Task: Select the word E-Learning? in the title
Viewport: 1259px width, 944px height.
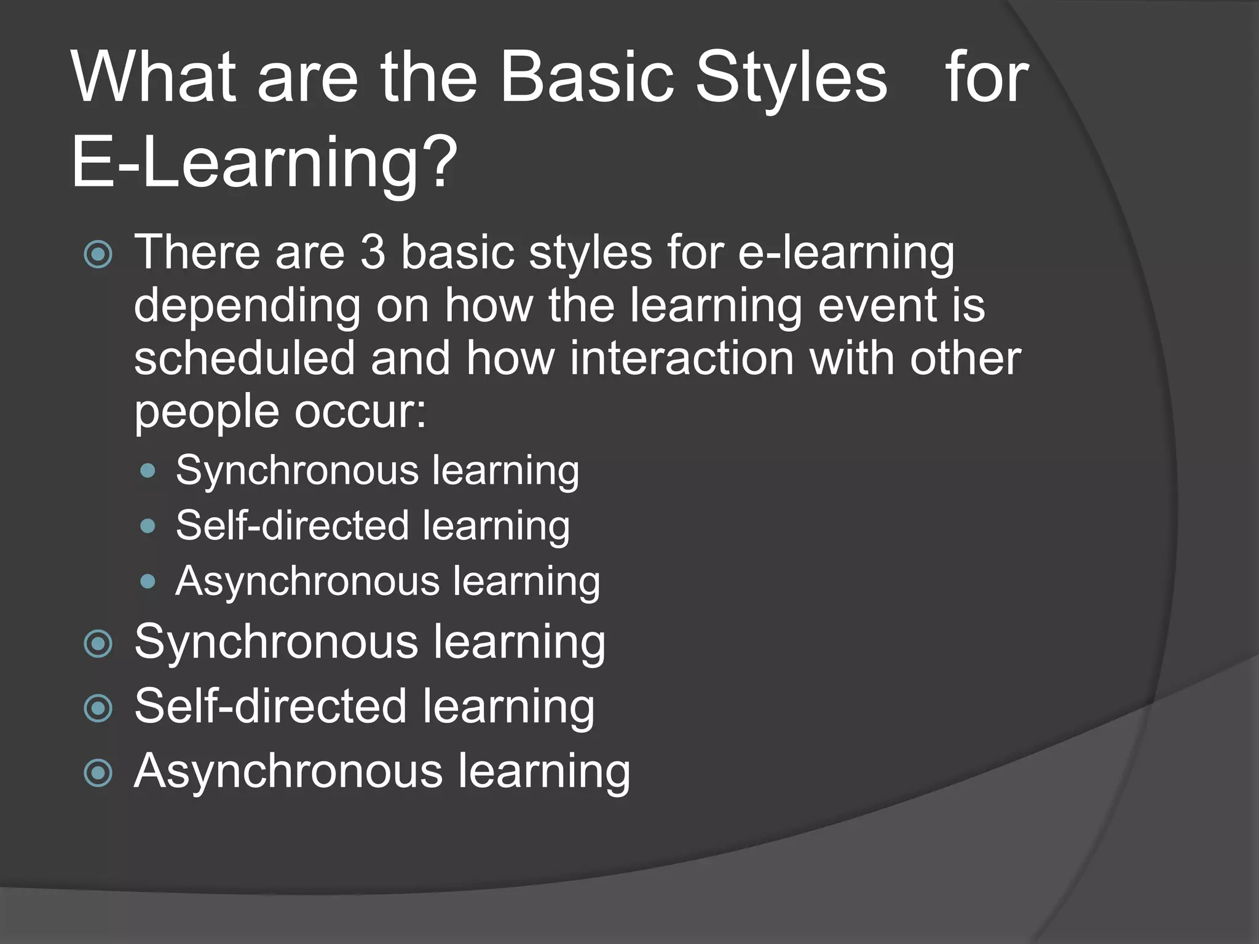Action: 264,163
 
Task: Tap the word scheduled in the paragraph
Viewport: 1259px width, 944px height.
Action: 245,358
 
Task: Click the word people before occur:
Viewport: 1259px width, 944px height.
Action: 207,413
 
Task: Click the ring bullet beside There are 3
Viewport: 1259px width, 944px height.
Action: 98,254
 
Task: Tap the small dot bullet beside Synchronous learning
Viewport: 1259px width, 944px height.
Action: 148,471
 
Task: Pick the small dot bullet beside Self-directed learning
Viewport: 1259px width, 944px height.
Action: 148,526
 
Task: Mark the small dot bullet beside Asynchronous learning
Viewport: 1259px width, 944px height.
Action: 148,581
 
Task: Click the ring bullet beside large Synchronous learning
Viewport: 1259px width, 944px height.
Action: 98,643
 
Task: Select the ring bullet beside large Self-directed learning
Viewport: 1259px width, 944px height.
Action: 98,708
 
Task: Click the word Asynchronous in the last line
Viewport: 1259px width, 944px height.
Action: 288,771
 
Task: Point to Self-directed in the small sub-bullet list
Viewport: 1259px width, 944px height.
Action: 292,526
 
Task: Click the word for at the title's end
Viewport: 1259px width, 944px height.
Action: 986,78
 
